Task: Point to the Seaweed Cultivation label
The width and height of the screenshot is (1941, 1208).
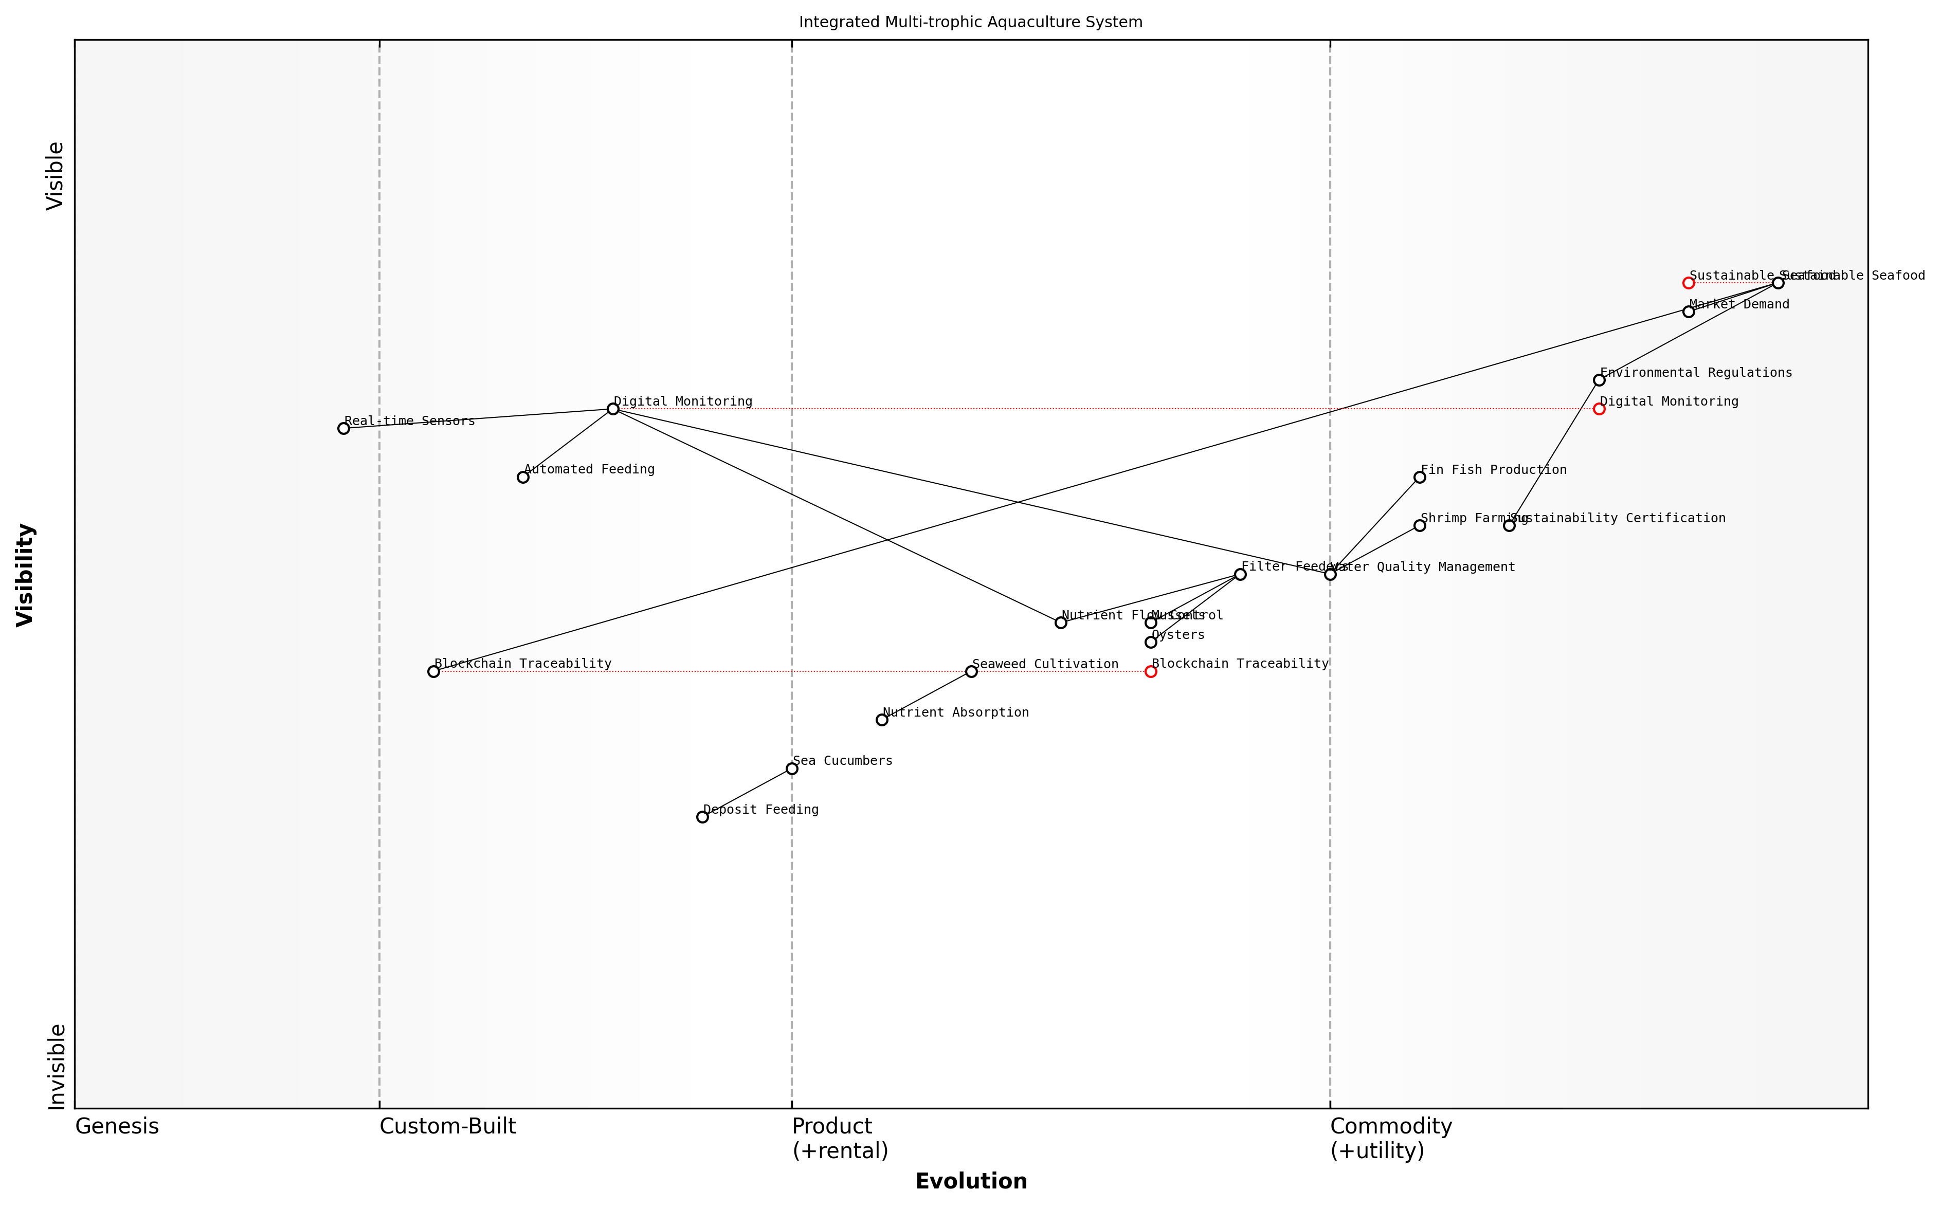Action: [1045, 664]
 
